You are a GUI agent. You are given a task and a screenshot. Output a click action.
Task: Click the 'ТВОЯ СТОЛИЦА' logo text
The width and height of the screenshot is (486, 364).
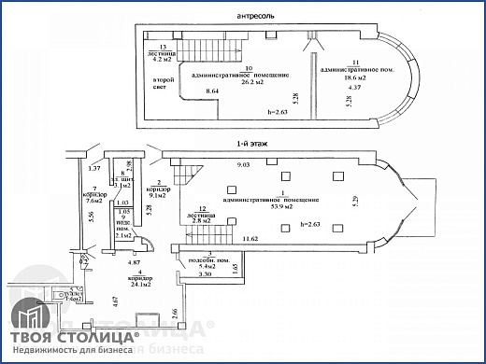(73, 335)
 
